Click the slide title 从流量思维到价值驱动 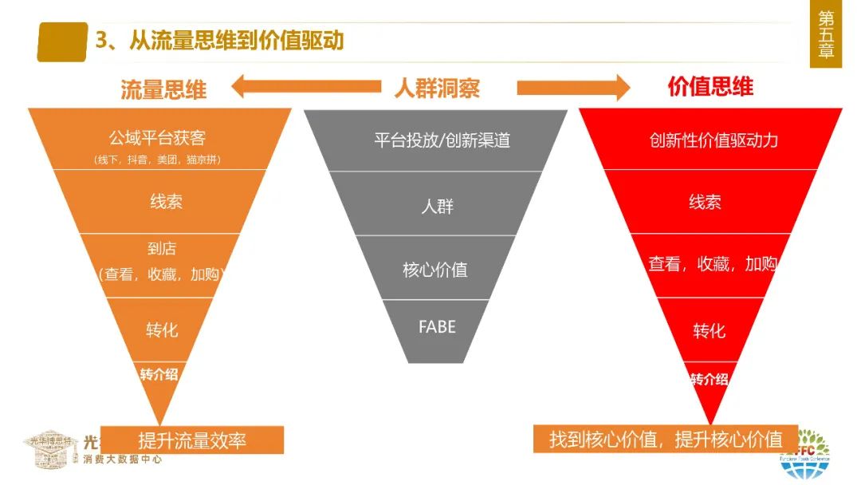pos(220,40)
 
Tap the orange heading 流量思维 pos(163,89)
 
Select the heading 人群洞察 pos(437,88)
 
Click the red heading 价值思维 pos(710,87)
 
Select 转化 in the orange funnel pos(162,329)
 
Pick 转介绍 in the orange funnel pos(159,374)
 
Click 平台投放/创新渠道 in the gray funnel pos(442,140)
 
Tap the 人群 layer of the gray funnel pos(437,207)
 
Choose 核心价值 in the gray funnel pos(434,270)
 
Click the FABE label pos(437,326)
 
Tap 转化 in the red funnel pos(709,330)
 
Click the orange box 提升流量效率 pos(192,440)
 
